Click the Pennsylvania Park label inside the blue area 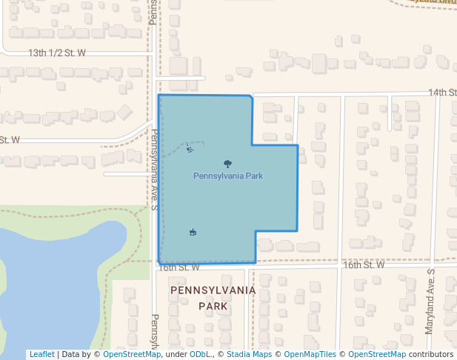228,176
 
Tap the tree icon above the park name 227,164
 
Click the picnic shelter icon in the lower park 193,233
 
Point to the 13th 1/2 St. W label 57,53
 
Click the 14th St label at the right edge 441,93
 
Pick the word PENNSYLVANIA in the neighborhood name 213,290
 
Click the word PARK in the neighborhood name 213,305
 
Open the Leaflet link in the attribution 41,354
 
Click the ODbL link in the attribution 200,354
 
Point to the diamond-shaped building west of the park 124,112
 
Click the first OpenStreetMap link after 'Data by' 132,354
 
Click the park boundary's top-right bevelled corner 250,97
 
